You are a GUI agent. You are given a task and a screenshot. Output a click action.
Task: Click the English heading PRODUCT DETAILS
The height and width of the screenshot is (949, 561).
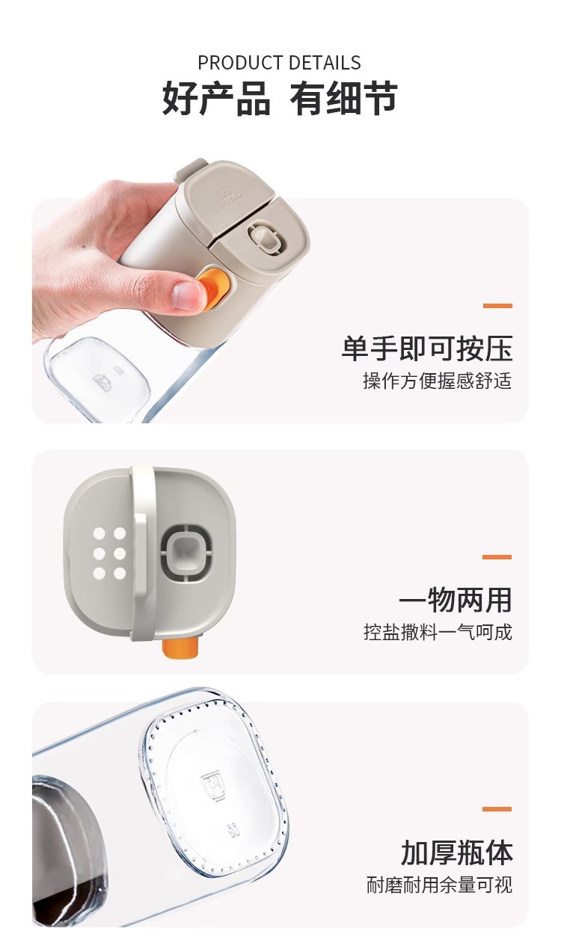(279, 63)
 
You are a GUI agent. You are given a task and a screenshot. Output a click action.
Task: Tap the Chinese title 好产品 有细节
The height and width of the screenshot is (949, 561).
(280, 99)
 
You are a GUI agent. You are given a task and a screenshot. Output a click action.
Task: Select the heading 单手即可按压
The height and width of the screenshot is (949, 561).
(427, 348)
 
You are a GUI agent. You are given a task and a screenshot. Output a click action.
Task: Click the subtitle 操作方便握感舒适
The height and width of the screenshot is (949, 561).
(438, 381)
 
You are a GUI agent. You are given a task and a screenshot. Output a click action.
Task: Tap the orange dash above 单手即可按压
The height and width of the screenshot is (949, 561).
(497, 305)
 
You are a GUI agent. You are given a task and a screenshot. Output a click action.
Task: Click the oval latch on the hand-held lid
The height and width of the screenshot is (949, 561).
(266, 239)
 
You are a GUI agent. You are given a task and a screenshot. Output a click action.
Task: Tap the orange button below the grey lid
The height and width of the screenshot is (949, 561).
(181, 648)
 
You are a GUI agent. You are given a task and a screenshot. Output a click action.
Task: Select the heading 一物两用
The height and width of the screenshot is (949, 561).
(456, 600)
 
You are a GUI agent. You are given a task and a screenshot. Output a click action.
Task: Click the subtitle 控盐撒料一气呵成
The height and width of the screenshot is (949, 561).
(438, 632)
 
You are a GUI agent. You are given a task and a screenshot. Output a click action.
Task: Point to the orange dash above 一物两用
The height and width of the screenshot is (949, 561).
(497, 556)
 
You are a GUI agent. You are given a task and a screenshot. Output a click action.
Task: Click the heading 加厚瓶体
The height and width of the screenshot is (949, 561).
(457, 853)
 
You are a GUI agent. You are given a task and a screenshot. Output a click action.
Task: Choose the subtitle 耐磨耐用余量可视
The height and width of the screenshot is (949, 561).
(439, 885)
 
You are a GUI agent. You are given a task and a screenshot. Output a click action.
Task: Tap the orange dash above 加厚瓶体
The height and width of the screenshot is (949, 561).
(497, 808)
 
